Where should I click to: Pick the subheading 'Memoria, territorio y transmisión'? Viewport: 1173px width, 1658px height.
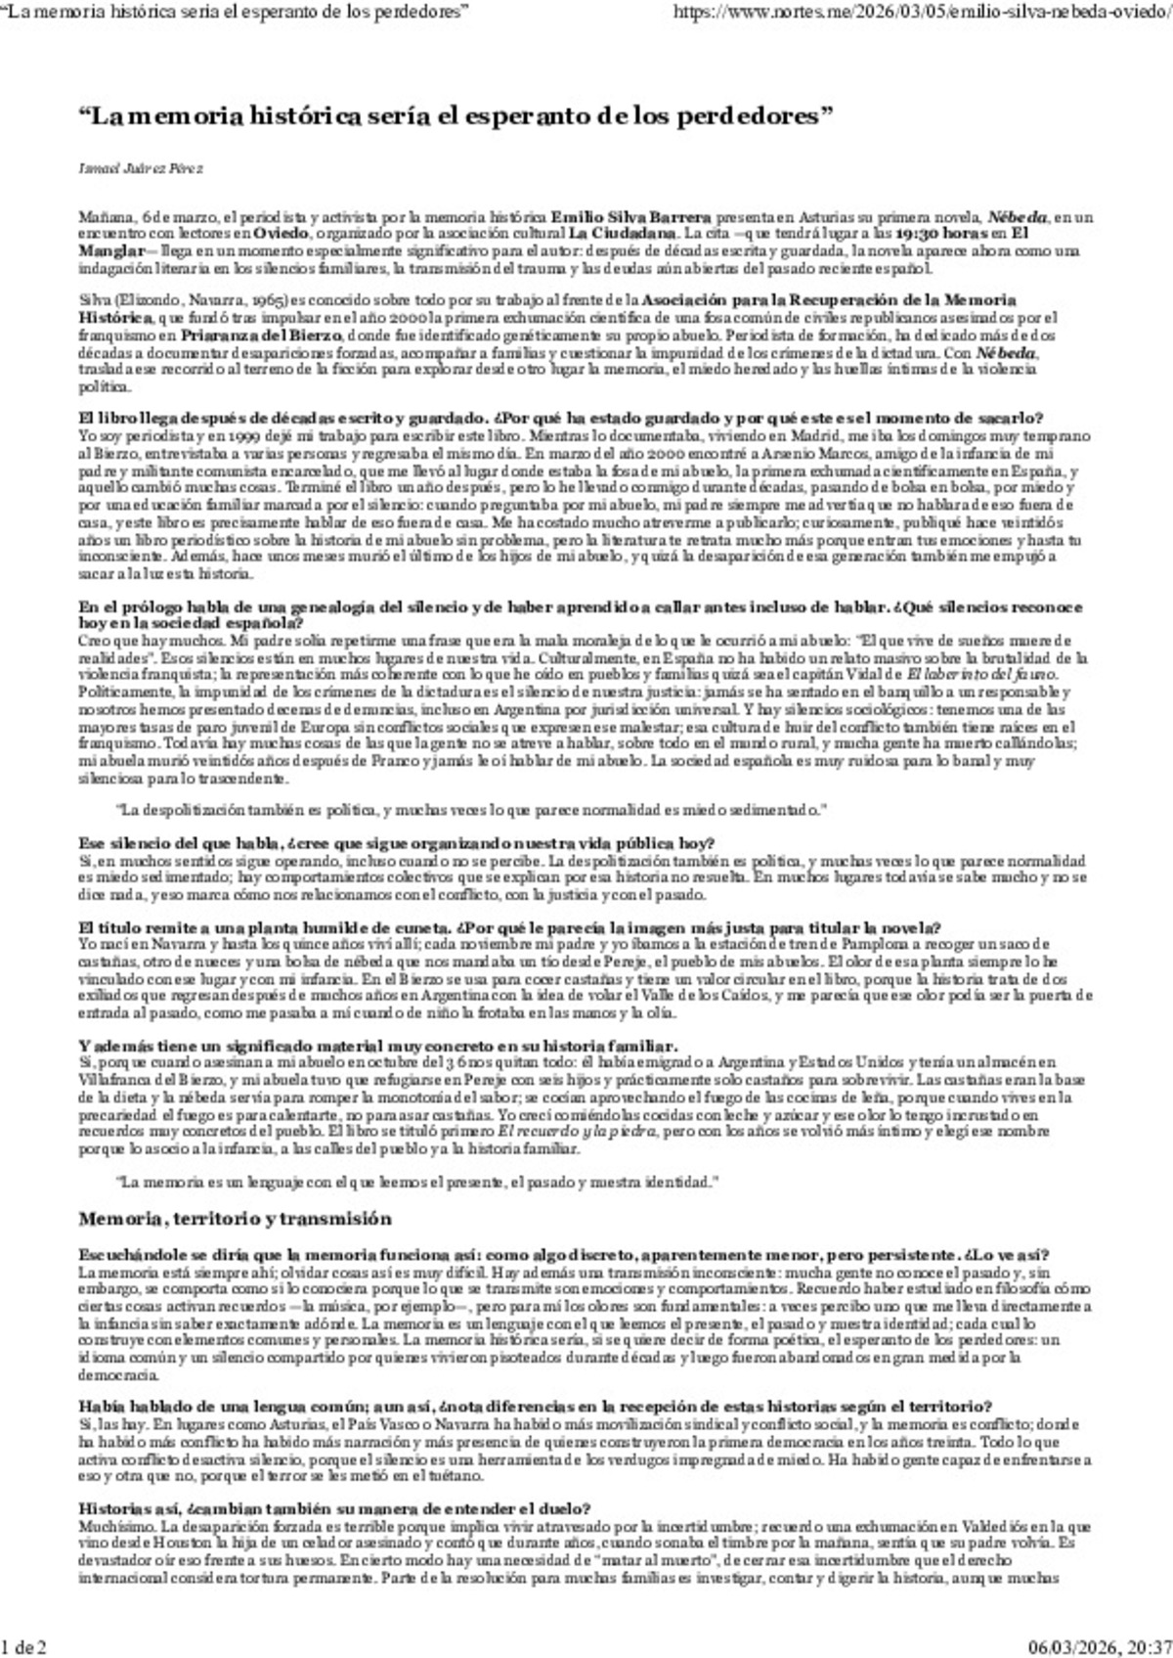pos(235,1219)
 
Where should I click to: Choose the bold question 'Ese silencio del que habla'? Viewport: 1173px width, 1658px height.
pos(396,843)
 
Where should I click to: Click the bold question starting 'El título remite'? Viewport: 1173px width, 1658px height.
pos(509,927)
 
